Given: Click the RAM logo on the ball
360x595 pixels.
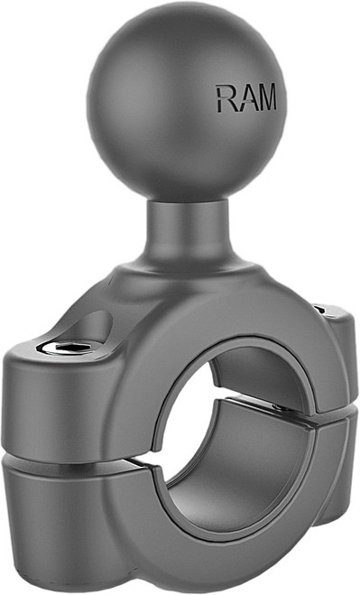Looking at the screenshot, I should (245, 98).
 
